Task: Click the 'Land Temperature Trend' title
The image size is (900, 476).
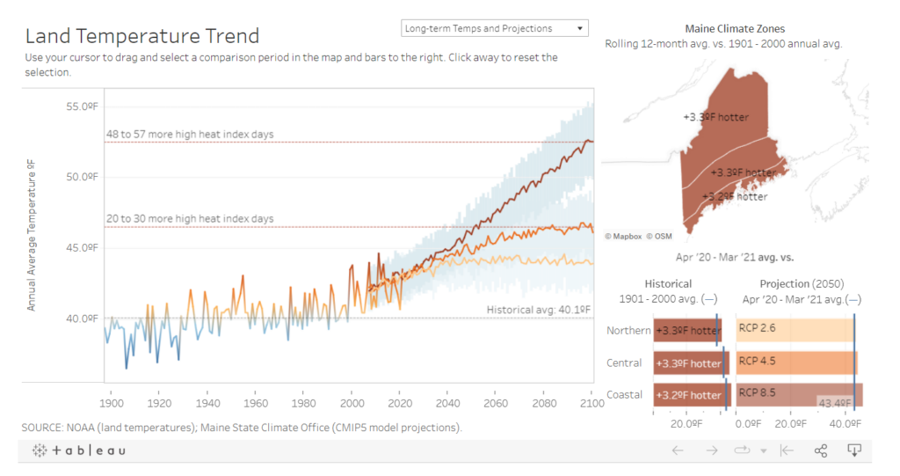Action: coord(142,36)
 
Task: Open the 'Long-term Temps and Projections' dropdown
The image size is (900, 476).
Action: coord(494,28)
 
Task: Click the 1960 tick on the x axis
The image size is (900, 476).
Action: coord(256,403)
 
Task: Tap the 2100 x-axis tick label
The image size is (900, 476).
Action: coord(592,403)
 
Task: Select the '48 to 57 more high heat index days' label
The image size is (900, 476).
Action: coord(189,135)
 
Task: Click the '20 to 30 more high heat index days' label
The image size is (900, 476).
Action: coord(189,218)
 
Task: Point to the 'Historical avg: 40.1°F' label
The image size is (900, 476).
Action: coord(539,310)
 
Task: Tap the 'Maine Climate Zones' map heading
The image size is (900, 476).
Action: coord(734,29)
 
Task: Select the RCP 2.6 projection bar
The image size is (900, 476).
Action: coord(795,329)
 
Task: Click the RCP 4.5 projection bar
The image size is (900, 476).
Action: coord(795,362)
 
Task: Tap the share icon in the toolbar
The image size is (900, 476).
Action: coord(821,450)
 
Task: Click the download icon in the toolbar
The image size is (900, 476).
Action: coord(853,450)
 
